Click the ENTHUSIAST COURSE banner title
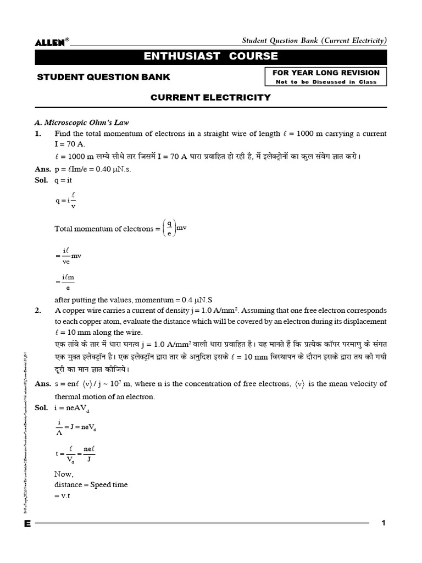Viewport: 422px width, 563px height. (211, 57)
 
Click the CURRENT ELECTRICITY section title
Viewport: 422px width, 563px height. (211, 97)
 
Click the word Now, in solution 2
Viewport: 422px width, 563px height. (64, 473)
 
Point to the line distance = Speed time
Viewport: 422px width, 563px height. (91, 484)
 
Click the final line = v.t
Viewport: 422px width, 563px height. (64, 496)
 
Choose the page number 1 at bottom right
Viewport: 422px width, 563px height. (384, 523)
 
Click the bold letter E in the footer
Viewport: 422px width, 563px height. (27, 524)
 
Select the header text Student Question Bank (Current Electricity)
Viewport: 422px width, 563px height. (315, 41)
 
